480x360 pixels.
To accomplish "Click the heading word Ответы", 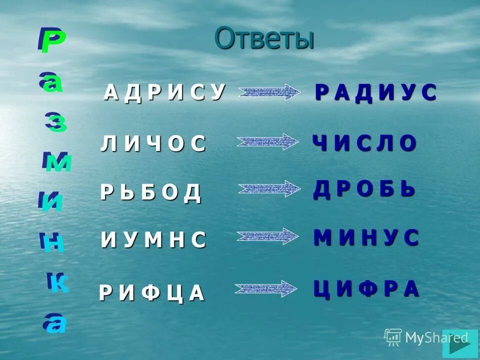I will click(264, 39).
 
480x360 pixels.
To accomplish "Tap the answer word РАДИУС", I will click(376, 93).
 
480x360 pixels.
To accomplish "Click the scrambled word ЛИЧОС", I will click(153, 144).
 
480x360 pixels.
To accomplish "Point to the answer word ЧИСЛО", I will click(364, 143).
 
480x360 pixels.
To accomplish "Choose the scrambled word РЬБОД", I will click(150, 192).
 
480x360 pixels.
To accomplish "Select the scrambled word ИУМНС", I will click(153, 240).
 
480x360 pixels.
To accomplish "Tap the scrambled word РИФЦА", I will click(152, 293).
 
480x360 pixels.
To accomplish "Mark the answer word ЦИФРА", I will click(366, 289).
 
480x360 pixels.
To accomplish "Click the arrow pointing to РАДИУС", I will click(268, 92).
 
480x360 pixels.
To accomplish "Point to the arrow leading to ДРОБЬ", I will click(268, 188).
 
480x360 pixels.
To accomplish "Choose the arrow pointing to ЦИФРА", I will click(265, 288).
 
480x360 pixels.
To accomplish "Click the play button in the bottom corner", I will click(460, 343).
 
